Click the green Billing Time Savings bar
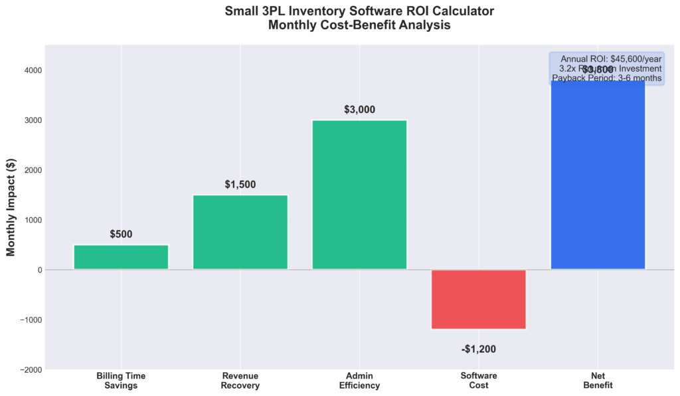tap(121, 257)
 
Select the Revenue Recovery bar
tap(240, 232)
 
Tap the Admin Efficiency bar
tap(359, 195)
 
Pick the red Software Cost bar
tap(478, 299)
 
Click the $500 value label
tap(121, 235)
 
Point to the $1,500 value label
tap(240, 185)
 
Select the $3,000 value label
tap(359, 110)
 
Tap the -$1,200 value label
tap(478, 349)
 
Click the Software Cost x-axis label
tap(478, 381)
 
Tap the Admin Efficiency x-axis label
tap(359, 381)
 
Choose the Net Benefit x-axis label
tap(598, 381)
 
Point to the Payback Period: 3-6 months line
tap(606, 78)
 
